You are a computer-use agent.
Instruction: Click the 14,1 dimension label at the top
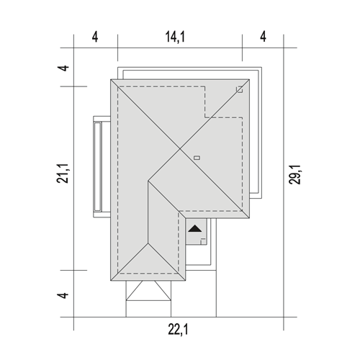coord(175,37)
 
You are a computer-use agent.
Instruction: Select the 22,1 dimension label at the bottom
coord(178,329)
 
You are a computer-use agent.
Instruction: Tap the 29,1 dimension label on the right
coord(294,174)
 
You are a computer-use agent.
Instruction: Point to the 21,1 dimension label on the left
coord(63,174)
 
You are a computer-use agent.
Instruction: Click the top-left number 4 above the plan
coord(95,37)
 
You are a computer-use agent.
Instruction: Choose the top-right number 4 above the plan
coord(264,37)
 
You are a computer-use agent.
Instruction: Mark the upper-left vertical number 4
coord(63,68)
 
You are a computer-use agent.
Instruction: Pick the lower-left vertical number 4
coord(63,295)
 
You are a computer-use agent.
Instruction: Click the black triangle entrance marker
coord(195,228)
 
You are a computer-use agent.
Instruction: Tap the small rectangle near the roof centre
coord(197,158)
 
